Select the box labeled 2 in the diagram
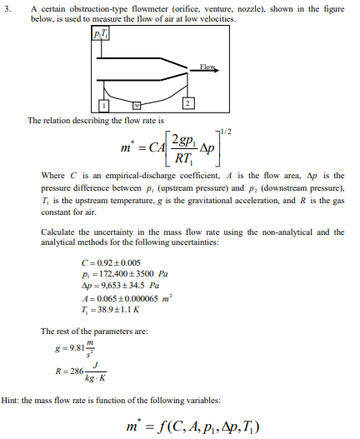pyautogui.click(x=188, y=102)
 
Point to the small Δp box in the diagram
pyautogui.click(x=137, y=106)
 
